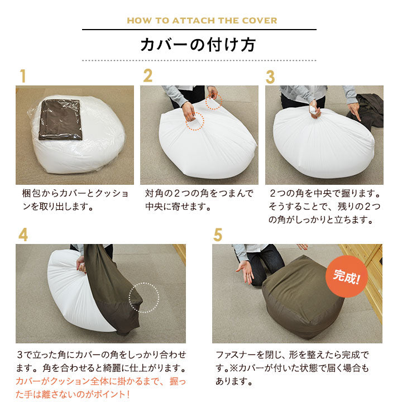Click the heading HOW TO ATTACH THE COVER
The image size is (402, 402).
(x=202, y=21)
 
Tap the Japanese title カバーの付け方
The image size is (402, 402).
(x=198, y=45)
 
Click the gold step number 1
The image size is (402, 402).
(x=23, y=76)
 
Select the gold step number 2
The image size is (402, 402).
(x=147, y=75)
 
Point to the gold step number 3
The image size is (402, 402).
(x=270, y=77)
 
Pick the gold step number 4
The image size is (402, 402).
(x=23, y=235)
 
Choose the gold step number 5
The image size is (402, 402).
(x=218, y=235)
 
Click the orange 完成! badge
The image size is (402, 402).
(x=347, y=276)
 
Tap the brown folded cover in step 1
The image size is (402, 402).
(x=60, y=119)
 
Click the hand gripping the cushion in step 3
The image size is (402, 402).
(x=315, y=109)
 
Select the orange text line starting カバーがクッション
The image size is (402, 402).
(x=100, y=381)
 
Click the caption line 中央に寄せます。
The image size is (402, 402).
(x=178, y=207)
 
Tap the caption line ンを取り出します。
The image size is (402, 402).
(x=58, y=207)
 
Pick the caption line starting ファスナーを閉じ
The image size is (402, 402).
(x=292, y=355)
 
